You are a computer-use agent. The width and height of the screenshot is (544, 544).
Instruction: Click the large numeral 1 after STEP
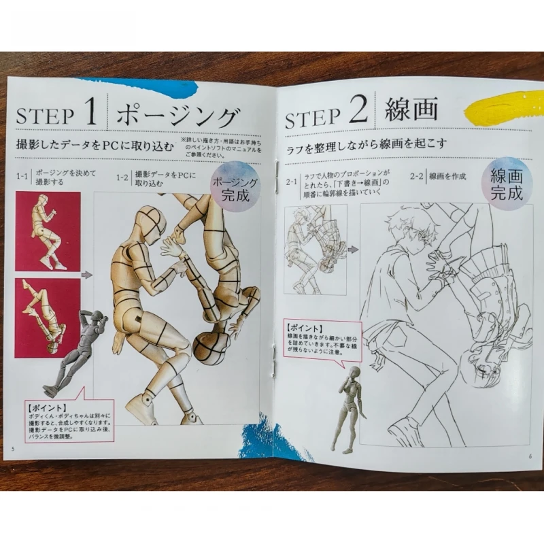click(91, 112)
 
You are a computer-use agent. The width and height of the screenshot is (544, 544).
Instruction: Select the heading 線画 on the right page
click(411, 110)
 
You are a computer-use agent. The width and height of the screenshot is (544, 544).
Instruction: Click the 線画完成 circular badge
click(507, 183)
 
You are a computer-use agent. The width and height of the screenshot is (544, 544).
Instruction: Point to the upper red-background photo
click(48, 231)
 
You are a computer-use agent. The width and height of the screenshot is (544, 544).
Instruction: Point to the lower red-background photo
click(48, 317)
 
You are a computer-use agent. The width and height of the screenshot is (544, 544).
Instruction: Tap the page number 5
click(13, 448)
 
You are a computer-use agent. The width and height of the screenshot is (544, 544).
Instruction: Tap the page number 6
click(530, 456)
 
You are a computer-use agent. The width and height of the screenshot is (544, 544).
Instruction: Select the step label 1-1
click(22, 177)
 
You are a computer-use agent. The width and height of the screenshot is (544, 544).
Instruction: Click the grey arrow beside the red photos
click(86, 275)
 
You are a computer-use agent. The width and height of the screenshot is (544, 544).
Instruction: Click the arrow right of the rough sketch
click(353, 250)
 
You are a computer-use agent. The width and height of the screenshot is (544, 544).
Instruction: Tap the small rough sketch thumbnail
click(315, 249)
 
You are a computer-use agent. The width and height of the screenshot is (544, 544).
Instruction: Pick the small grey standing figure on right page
click(350, 408)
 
